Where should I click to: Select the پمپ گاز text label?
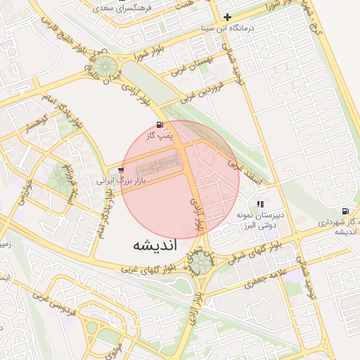(x=160, y=136)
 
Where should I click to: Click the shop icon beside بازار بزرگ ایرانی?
(x=122, y=169)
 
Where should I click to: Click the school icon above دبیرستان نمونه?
(x=260, y=205)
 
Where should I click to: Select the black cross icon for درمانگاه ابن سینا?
(x=227, y=17)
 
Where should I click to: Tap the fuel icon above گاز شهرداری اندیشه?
(x=345, y=211)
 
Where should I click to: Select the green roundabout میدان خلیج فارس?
(x=106, y=67)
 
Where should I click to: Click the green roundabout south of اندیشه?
(x=200, y=264)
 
